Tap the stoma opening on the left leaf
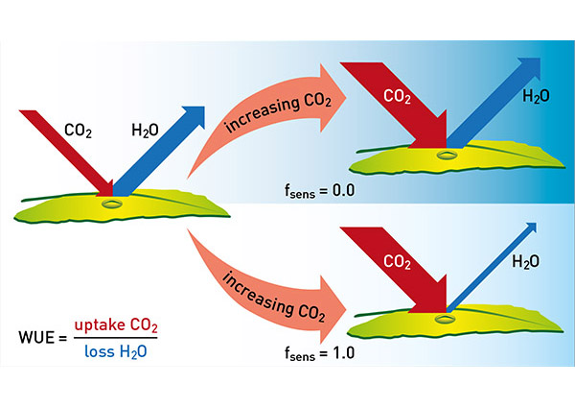click(113, 203)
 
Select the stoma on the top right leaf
click(447, 154)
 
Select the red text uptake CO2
click(116, 326)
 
